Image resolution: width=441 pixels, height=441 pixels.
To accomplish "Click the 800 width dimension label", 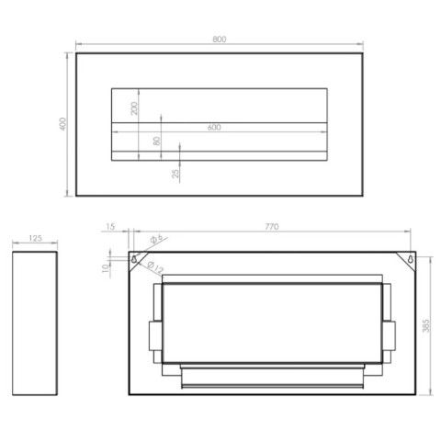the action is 220,40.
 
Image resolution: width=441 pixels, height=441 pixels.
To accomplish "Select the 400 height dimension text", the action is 62,124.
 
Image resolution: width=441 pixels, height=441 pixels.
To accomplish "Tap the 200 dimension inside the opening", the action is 134,108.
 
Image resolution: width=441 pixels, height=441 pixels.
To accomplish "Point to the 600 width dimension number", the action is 214,127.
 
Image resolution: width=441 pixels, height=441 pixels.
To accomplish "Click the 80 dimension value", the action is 156,141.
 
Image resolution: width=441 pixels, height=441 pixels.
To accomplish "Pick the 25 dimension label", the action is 175,174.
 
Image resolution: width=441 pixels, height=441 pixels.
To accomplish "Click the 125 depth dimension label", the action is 35,238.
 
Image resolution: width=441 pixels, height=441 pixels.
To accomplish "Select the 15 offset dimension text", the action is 110,227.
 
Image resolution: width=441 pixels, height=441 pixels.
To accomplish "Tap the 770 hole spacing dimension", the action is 272,227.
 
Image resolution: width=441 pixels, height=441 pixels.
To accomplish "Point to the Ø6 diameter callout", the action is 157,239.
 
